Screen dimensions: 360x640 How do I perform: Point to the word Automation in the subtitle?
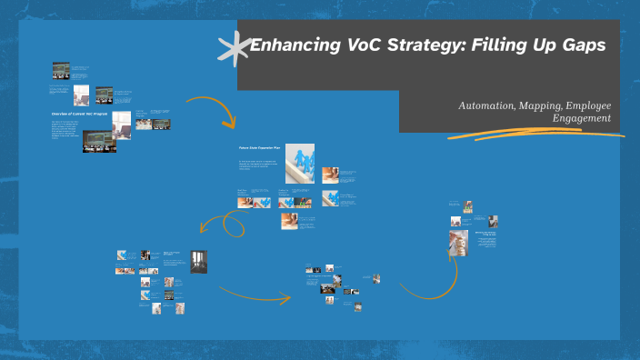tap(485, 106)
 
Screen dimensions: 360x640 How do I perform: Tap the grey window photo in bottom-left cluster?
tap(198, 261)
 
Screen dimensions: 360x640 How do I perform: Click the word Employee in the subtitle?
tap(588, 106)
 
